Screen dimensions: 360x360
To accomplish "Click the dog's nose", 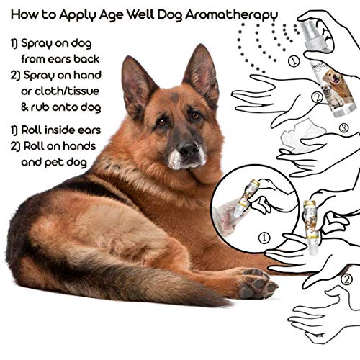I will point(189,150).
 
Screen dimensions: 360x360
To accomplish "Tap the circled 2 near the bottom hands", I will point(346,279).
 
